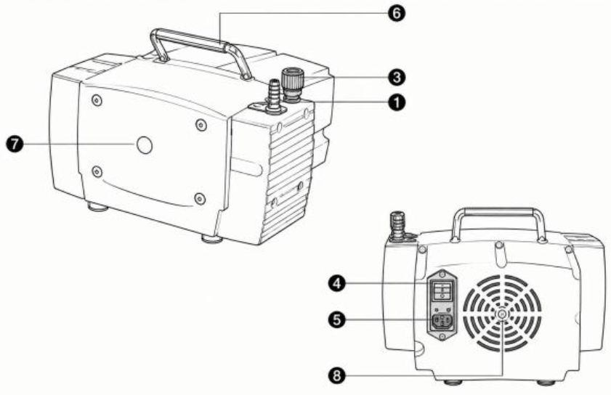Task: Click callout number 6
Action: tap(396, 13)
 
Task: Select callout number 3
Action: tap(396, 77)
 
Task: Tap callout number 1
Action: tap(396, 103)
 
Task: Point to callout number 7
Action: tap(15, 144)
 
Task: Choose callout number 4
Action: tap(336, 283)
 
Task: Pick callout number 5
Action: tap(336, 319)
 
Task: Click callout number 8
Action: tap(336, 375)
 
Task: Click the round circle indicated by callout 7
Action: tap(144, 145)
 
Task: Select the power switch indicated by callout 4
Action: tap(442, 290)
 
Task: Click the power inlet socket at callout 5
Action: tap(442, 322)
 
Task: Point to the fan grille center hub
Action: tap(502, 314)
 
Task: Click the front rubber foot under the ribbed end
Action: tap(211, 238)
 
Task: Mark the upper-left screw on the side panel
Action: tap(97, 101)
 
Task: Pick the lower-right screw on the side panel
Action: tap(200, 199)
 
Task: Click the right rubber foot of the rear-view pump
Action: tap(546, 382)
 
